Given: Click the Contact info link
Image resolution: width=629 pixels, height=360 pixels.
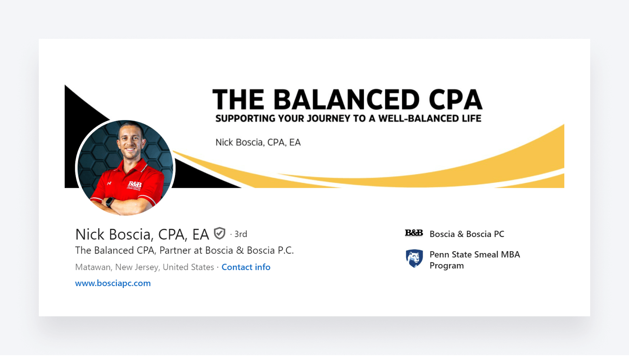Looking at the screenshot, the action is click(246, 267).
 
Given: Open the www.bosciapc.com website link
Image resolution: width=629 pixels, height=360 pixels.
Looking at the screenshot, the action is click(113, 283).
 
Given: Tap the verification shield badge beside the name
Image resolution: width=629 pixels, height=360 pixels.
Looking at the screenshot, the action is click(220, 233).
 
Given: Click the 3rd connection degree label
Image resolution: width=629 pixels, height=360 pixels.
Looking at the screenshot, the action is click(241, 234).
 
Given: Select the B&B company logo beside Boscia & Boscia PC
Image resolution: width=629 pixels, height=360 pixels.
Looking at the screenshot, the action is click(414, 233).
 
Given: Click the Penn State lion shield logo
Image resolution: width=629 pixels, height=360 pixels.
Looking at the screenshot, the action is click(414, 258).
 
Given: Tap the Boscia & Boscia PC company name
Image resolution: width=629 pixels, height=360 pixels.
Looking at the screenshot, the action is click(466, 234).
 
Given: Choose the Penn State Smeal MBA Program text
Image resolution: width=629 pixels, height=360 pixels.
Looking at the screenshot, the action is click(475, 260).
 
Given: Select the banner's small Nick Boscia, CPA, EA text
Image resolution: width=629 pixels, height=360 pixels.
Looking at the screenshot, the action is click(258, 142).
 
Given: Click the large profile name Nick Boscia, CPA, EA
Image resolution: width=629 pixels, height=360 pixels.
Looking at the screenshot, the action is click(142, 234).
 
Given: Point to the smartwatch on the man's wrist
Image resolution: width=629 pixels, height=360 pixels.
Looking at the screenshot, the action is click(110, 202).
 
